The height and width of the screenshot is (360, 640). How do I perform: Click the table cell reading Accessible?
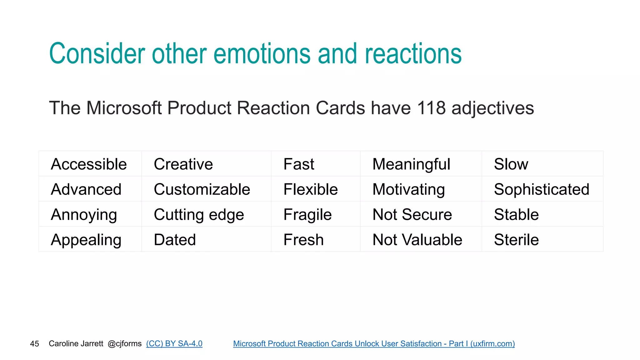coord(89,164)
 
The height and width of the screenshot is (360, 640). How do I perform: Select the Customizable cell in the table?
coord(202,189)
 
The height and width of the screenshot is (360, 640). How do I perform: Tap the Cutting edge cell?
coord(199,215)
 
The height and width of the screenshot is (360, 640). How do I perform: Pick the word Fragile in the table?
coord(307,215)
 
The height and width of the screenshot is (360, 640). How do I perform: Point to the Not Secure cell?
coord(412,215)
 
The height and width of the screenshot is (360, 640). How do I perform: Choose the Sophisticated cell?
coord(542,189)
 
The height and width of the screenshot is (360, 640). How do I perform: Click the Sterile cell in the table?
coord(516,240)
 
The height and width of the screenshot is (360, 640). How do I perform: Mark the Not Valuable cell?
coord(417,240)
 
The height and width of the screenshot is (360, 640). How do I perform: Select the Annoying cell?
coord(84,215)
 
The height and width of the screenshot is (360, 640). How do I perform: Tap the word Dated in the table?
coord(175,240)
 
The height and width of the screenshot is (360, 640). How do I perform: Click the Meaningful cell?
coord(411,164)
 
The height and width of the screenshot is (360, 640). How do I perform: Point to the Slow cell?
coord(511,164)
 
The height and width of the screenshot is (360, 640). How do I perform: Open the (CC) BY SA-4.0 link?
coord(174,343)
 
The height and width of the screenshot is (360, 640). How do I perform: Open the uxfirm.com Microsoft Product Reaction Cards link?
coord(374,343)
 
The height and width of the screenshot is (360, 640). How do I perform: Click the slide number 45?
coord(34,344)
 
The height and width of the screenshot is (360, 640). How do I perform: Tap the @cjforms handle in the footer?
coord(124,343)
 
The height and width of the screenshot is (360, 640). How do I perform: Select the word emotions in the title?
coord(262,54)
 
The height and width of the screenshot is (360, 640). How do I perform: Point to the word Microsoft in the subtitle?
coord(124,108)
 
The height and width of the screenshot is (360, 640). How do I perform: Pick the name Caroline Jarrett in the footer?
coord(76,343)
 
